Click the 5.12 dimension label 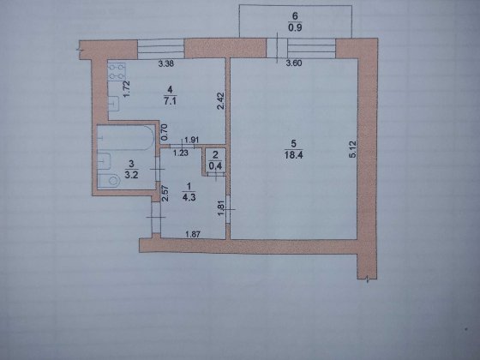point(353,149)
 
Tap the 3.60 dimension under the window point(294,63)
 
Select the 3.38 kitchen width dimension point(166,63)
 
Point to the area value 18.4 point(293,155)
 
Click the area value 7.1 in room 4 point(171,101)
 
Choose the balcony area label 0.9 point(295,27)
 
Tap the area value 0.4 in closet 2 point(215,166)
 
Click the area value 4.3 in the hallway point(189,197)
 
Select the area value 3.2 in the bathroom point(131,175)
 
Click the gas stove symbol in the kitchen point(117,72)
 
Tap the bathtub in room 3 point(126,137)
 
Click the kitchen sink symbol point(113,104)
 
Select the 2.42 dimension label point(221,101)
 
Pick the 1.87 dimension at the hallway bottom point(193,235)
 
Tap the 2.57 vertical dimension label point(165,194)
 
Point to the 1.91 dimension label point(192,140)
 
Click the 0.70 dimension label point(164,132)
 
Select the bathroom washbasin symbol point(104,161)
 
